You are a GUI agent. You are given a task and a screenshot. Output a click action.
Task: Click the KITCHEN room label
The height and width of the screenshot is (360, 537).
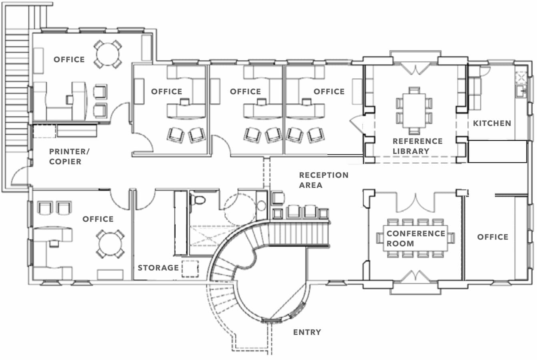click(x=492, y=123)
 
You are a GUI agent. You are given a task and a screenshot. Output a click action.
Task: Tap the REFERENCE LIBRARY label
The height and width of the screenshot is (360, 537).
click(x=417, y=146)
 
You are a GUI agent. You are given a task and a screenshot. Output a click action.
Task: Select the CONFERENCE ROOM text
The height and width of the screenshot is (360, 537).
click(x=416, y=238)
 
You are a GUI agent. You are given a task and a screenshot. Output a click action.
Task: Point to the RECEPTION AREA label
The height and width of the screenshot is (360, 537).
click(x=323, y=180)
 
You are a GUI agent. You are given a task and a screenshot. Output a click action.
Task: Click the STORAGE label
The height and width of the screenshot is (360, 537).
click(x=158, y=268)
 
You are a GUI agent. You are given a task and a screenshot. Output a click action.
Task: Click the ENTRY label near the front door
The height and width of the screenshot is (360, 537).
click(x=307, y=332)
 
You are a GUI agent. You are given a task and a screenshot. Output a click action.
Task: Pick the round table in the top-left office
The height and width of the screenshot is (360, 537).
click(x=108, y=54)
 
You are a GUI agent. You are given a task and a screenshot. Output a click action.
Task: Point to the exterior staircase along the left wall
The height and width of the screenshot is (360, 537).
click(x=17, y=100)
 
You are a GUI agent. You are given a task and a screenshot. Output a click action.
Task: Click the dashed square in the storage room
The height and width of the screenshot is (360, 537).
click(x=190, y=269)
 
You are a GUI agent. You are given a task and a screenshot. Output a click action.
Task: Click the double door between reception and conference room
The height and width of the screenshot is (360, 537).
click(x=416, y=202)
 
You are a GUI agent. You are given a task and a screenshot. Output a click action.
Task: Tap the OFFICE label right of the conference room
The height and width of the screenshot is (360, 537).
click(x=493, y=237)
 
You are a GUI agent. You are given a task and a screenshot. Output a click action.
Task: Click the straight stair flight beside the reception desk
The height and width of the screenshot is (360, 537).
click(x=298, y=234)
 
